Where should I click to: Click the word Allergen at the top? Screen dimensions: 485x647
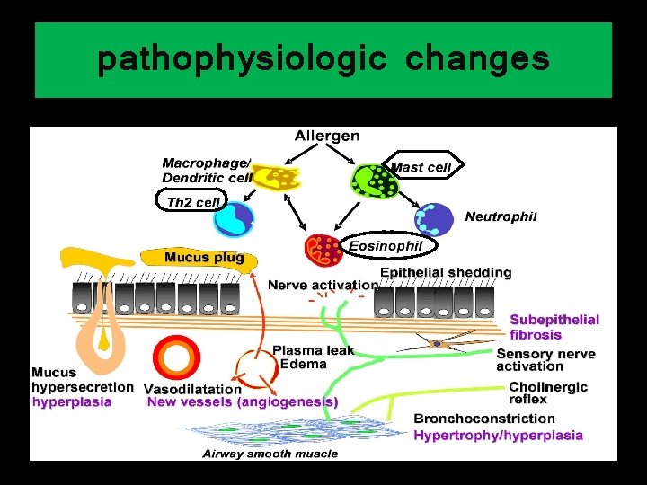point(327,137)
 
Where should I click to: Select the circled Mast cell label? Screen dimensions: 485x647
point(420,167)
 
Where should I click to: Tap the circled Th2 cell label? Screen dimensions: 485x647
point(192,202)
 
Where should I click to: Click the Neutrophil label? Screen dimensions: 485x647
point(501,216)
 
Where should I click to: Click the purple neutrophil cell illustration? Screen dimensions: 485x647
point(433,218)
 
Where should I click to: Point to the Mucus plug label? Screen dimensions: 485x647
point(204,258)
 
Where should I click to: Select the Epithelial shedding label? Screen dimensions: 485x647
point(446,272)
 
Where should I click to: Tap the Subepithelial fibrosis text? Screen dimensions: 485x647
point(554,327)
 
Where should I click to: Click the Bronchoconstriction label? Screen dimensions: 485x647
point(484,419)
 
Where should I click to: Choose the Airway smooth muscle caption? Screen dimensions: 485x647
point(270,454)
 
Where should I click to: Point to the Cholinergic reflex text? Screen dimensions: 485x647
point(548,392)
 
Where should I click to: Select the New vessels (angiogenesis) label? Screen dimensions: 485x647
point(243,402)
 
